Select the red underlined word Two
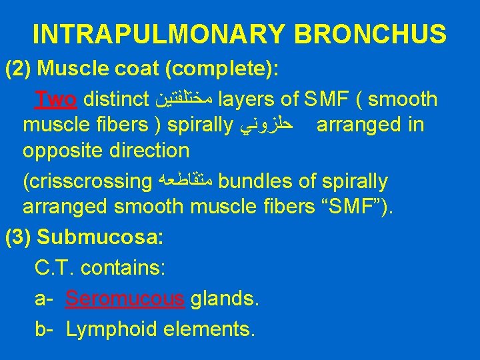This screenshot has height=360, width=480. click(x=58, y=100)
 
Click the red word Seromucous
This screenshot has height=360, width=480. click(x=125, y=299)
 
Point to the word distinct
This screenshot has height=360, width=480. click(x=117, y=100)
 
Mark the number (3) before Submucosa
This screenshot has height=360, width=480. click(x=19, y=237)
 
